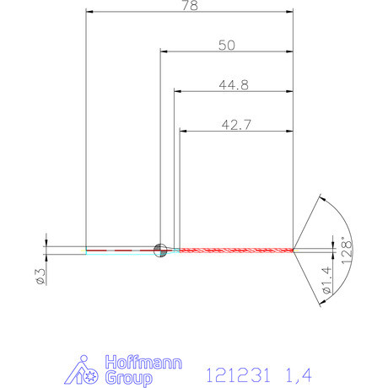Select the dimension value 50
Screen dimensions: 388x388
click(x=226, y=46)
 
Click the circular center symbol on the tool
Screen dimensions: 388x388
click(x=160, y=249)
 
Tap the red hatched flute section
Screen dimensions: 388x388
click(x=236, y=250)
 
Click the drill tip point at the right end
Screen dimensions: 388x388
click(x=294, y=250)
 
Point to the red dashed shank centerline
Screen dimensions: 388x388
click(x=122, y=251)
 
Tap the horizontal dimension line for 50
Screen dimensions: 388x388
click(x=226, y=53)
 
